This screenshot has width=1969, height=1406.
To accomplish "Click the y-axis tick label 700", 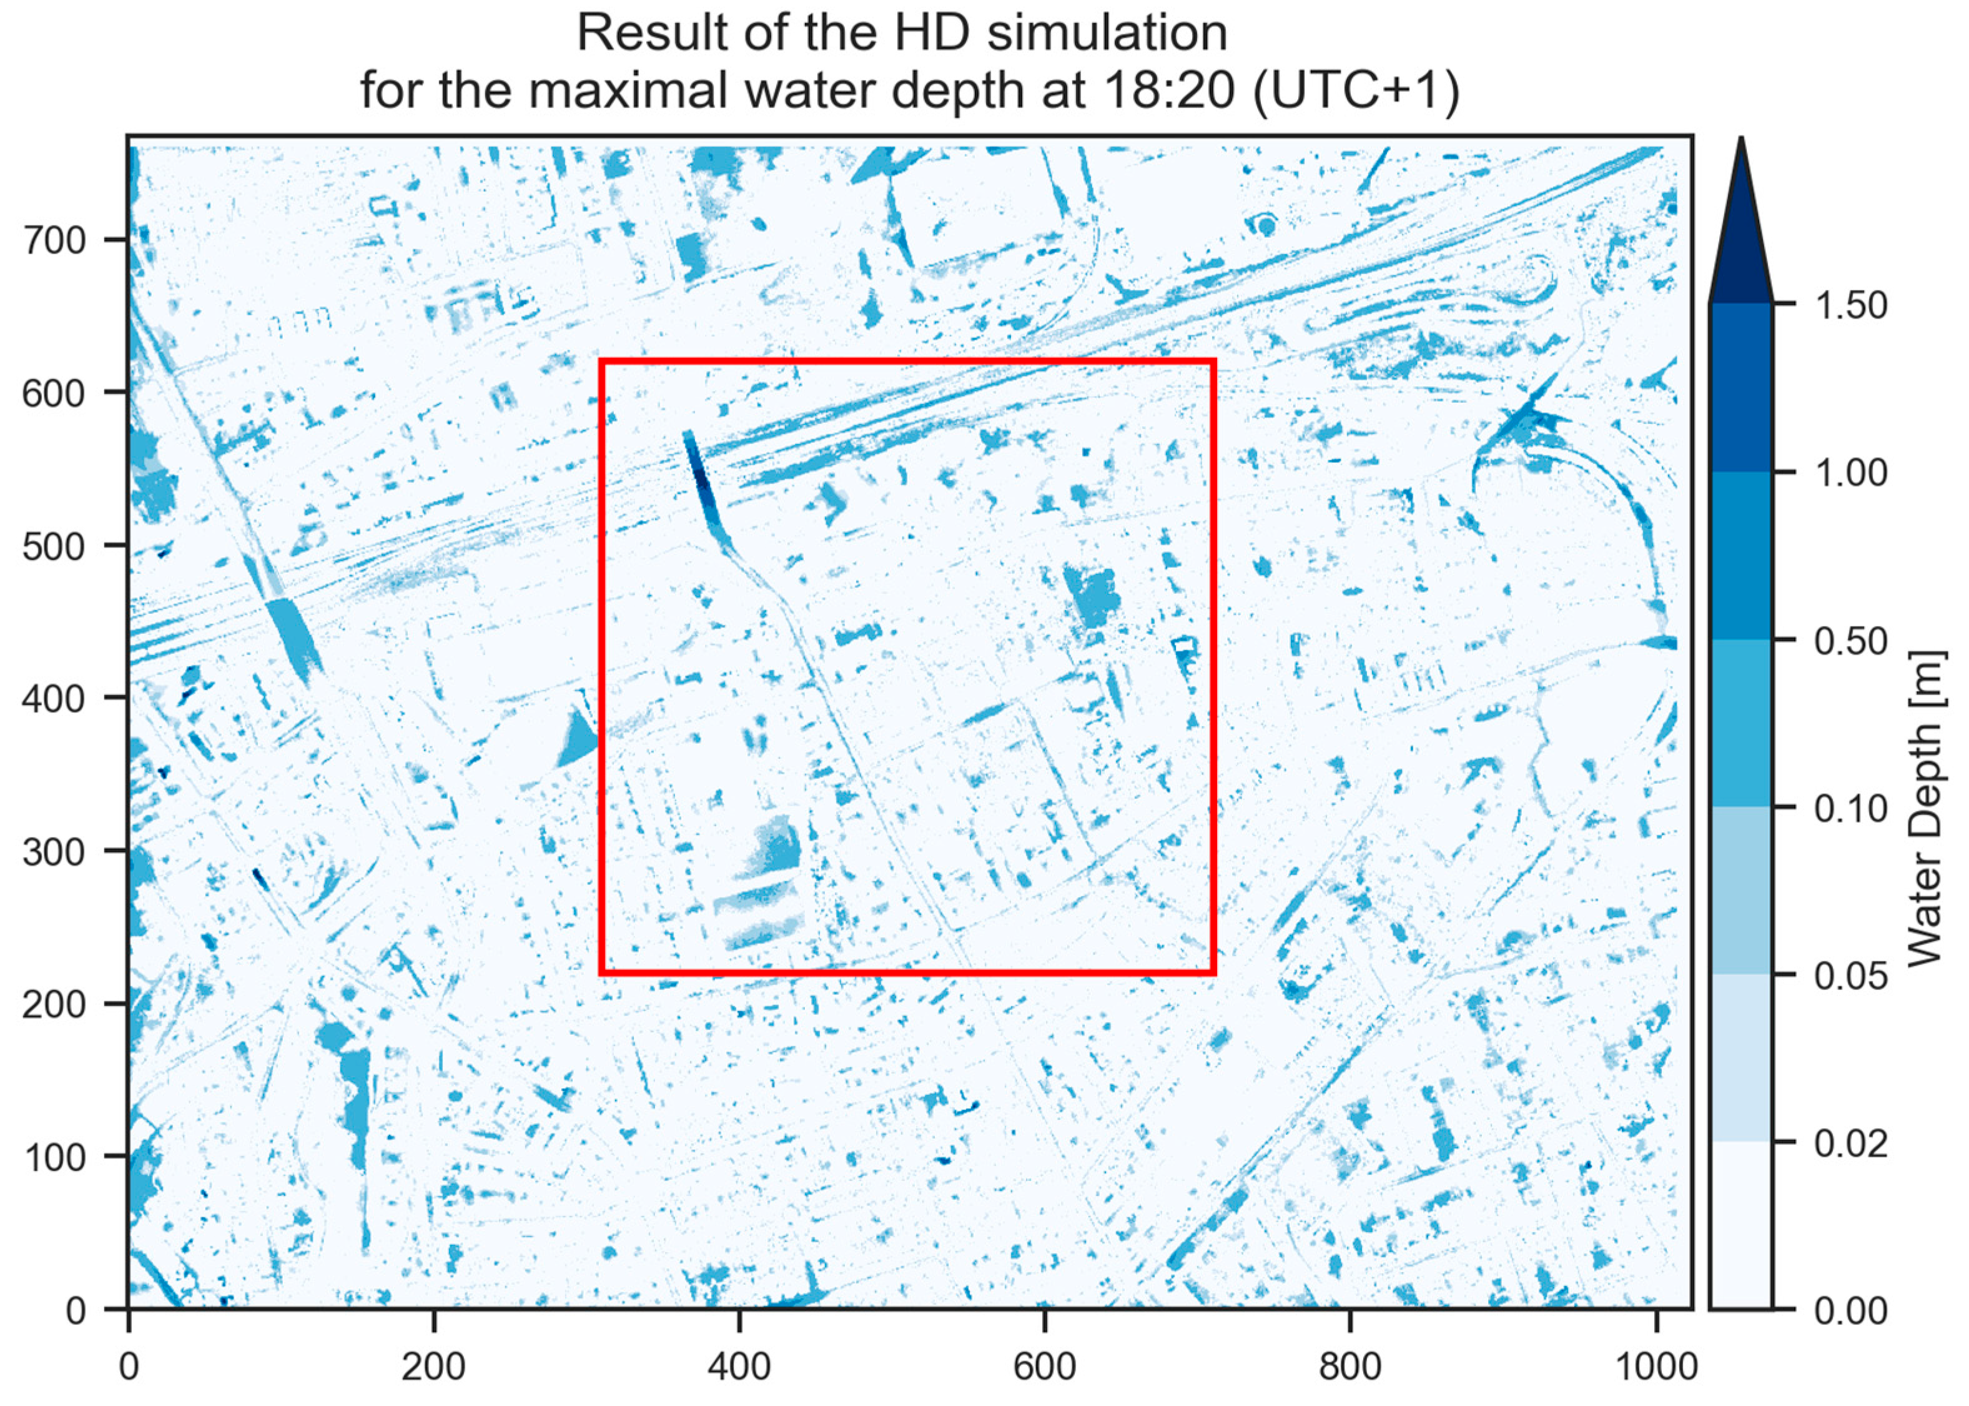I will (x=54, y=240).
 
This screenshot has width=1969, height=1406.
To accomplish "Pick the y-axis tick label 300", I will (x=54, y=852).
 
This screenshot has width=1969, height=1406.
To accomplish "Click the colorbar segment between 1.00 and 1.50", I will (x=1740, y=388).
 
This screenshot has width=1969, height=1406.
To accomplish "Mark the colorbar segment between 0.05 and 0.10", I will (x=1740, y=892).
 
